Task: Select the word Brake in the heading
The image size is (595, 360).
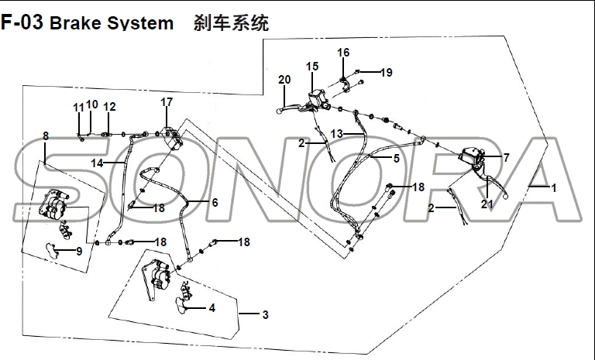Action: coord(73,22)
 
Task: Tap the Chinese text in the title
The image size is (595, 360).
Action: coord(231,22)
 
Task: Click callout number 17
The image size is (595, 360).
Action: coord(167,102)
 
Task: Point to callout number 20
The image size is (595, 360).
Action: coord(284,80)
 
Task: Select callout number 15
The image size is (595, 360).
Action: coord(312,67)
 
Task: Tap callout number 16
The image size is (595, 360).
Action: coord(343,53)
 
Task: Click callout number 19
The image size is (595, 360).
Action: coord(386,73)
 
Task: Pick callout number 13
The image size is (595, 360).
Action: coord(336,134)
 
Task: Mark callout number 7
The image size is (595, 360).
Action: coord(506,157)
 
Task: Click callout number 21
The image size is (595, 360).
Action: coord(487,204)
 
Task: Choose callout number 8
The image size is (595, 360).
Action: coord(46,136)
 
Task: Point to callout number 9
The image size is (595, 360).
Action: coord(78,251)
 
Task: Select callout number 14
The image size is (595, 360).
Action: coord(97,163)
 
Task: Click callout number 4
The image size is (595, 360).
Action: coord(212,308)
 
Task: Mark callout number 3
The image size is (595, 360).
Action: coord(265,315)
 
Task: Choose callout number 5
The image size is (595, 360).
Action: coord(396,159)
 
